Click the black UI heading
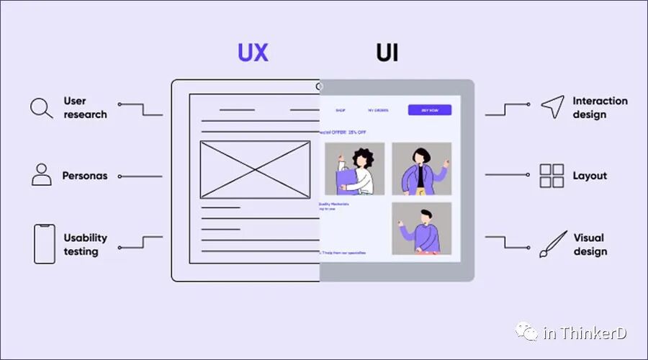387,53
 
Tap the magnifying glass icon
41,108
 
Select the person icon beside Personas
42,174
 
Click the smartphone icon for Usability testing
45,243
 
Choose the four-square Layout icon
552,176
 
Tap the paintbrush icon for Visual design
552,245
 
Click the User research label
85,107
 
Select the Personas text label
85,176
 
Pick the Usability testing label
85,244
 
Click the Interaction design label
600,107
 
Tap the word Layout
590,176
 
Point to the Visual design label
590,244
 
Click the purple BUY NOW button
430,110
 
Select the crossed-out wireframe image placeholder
255,170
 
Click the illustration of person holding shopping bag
354,168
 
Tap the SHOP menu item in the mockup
341,110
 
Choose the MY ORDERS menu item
378,110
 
